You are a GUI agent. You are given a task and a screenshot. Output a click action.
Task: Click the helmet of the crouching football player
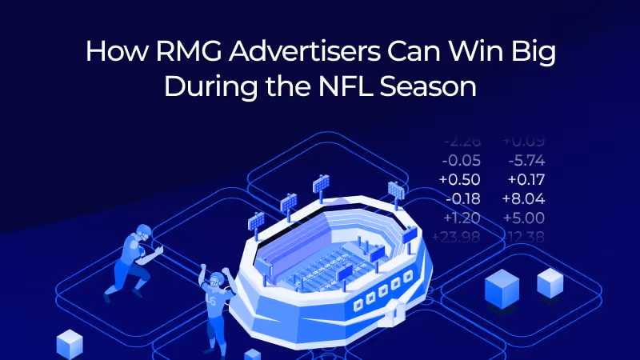click(x=144, y=233)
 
